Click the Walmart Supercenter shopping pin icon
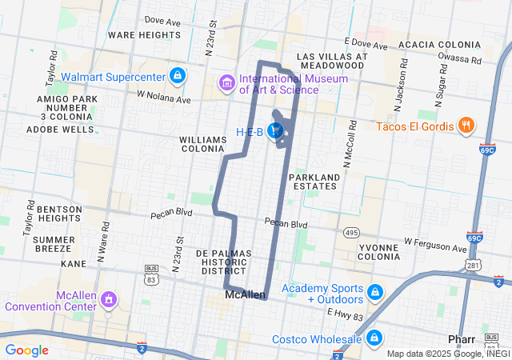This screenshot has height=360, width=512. pyautogui.click(x=178, y=77)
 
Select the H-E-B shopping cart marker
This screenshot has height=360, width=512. pyautogui.click(x=276, y=130)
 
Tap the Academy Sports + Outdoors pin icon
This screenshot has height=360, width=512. pyautogui.click(x=374, y=294)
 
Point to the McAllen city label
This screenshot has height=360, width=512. pyautogui.click(x=245, y=295)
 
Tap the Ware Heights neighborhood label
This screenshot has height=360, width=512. pyautogui.click(x=144, y=35)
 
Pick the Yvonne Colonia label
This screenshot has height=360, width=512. pyautogui.click(x=378, y=253)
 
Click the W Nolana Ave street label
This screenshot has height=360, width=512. pyautogui.click(x=164, y=97)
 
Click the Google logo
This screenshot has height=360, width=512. pyautogui.click(x=26, y=350)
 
